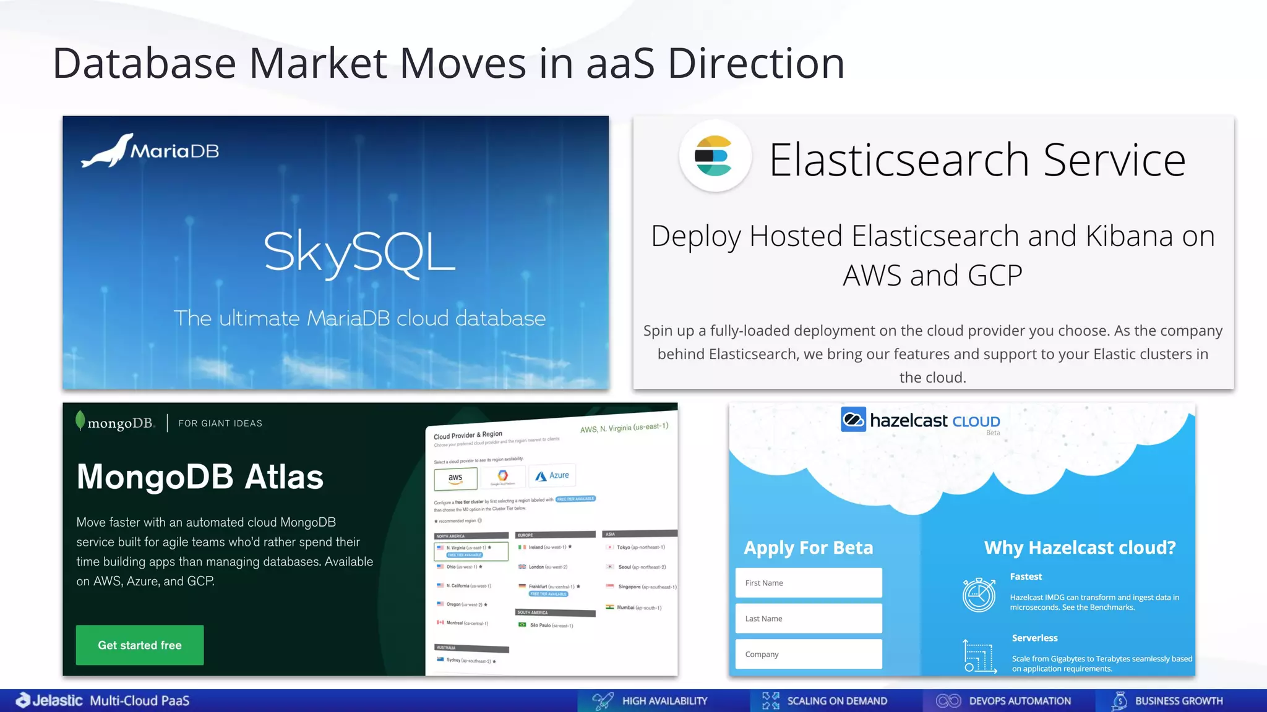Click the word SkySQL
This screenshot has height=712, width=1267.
click(359, 252)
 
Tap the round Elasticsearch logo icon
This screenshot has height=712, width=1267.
click(715, 156)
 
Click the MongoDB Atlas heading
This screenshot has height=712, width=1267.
click(200, 477)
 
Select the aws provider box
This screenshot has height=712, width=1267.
click(455, 478)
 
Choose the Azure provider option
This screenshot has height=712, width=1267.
click(552, 475)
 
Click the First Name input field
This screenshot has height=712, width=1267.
click(809, 583)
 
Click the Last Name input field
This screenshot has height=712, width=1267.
click(809, 619)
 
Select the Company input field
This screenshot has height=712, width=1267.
click(809, 654)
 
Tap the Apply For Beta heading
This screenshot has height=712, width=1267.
click(809, 548)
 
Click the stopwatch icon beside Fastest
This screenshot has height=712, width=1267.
click(979, 595)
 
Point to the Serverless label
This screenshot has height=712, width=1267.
click(1034, 638)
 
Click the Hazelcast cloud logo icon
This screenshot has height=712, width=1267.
click(853, 420)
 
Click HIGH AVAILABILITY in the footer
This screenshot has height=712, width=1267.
click(664, 701)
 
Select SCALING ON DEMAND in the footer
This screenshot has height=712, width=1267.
click(836, 701)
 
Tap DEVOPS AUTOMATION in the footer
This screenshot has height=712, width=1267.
click(1020, 701)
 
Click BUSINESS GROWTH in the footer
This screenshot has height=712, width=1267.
click(1179, 701)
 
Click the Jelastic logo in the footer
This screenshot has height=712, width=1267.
click(49, 700)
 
